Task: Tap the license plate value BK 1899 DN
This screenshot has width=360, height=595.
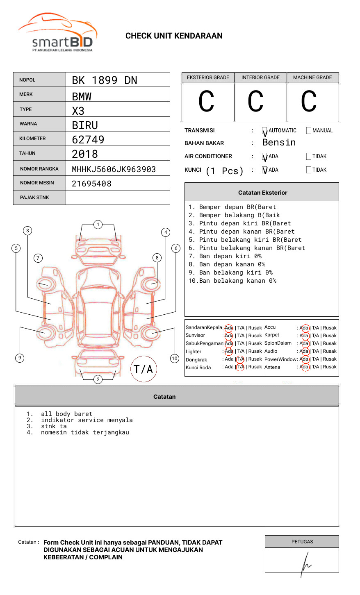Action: click(105, 80)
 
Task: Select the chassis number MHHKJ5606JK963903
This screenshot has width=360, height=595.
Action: click(114, 169)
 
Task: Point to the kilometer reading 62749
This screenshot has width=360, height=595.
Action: click(88, 140)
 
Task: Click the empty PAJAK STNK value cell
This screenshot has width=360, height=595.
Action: click(118, 198)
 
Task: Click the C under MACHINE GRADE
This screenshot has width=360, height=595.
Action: click(309, 102)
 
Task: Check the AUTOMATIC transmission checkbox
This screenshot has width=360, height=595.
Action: click(264, 131)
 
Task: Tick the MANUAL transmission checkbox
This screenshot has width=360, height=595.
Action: click(309, 131)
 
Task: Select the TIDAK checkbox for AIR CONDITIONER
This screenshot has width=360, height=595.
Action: click(309, 157)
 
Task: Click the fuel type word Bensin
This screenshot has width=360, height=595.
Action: click(279, 143)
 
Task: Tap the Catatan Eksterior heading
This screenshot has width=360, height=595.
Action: click(262, 193)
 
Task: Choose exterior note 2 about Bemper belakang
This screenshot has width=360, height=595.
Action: click(234, 215)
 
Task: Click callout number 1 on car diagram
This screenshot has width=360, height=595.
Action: click(98, 225)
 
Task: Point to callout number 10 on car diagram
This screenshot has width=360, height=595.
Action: click(175, 359)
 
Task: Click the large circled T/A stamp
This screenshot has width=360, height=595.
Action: click(144, 369)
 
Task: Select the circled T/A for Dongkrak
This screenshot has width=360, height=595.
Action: click(240, 359)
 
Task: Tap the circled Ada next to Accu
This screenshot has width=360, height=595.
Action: click(304, 328)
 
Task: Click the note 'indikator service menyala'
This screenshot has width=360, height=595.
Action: click(87, 420)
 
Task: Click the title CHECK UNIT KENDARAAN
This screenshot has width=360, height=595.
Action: click(174, 36)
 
